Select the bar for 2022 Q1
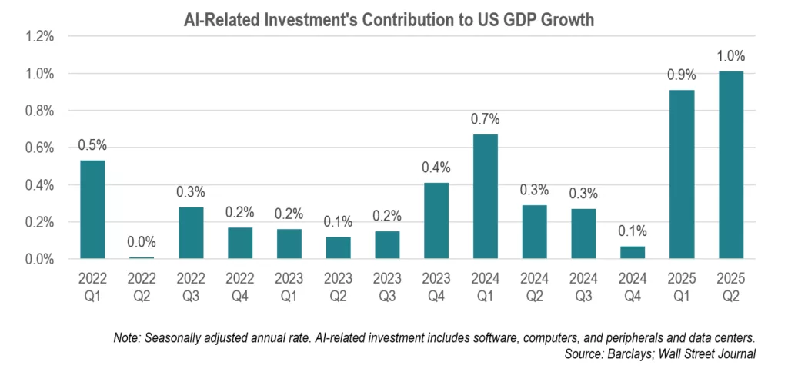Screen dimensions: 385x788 point(92,210)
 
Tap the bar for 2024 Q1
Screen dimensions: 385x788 point(485,197)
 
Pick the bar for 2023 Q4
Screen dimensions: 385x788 point(436,221)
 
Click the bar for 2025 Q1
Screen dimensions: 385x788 point(682,174)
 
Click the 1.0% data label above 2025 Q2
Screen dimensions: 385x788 point(730,56)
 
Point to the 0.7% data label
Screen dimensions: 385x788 point(485,118)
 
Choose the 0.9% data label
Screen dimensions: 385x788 point(682,75)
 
